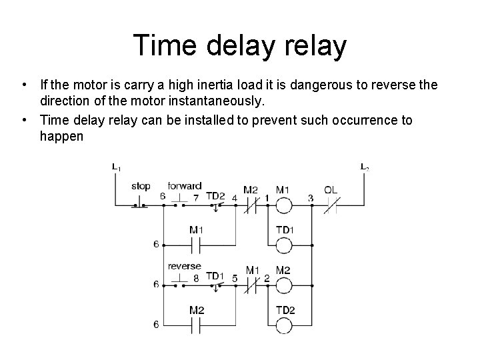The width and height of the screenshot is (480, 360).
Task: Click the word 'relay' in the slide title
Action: click(313, 45)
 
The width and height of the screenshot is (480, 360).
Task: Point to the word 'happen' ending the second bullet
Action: click(61, 136)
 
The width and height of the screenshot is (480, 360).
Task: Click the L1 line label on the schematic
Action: click(116, 167)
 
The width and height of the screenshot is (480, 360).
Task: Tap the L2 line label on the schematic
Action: click(364, 167)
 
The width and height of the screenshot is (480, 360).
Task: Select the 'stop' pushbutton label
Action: click(141, 186)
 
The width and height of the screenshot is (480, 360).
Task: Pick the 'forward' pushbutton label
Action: click(185, 186)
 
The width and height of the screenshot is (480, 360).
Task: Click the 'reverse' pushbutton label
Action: click(185, 266)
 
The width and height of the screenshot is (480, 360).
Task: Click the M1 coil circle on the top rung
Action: click(283, 205)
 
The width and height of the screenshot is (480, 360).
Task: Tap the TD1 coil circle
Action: click(283, 245)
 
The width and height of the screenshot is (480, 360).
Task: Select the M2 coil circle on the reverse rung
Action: click(283, 285)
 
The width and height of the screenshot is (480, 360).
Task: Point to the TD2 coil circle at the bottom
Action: click(283, 325)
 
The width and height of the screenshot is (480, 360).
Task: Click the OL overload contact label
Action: click(331, 190)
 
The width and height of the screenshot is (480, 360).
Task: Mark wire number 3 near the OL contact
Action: click(311, 197)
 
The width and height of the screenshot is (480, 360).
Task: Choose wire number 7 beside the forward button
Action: click(196, 197)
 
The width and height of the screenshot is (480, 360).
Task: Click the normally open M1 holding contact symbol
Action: click(196, 245)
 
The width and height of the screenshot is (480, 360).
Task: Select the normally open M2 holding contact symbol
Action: click(196, 325)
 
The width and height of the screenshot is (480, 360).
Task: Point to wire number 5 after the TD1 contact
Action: click(234, 277)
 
